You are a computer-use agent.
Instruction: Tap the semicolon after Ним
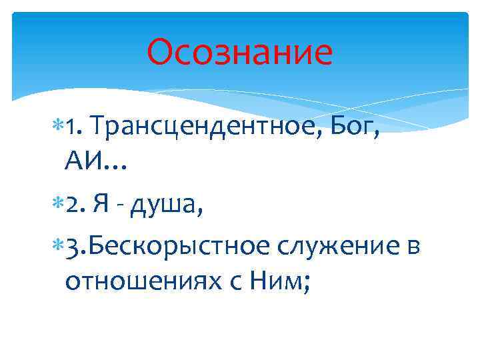coord(305,284)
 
